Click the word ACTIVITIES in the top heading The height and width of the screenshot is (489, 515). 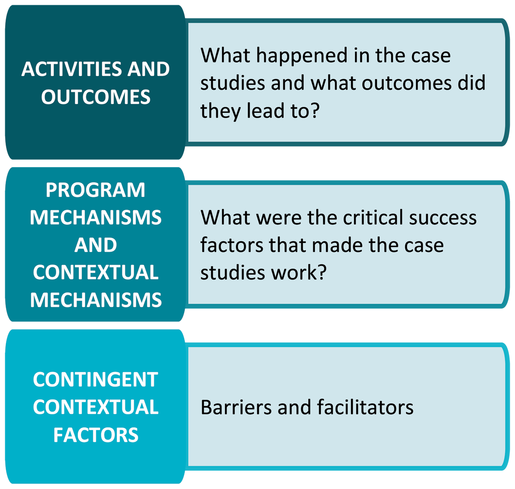pyautogui.click(x=72, y=69)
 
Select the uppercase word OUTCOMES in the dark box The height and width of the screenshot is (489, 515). pyautogui.click(x=96, y=97)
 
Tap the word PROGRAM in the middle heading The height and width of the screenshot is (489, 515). pyautogui.click(x=95, y=190)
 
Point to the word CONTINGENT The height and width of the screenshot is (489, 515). pyautogui.click(x=96, y=380)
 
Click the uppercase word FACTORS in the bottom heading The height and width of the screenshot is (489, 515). pyautogui.click(x=96, y=435)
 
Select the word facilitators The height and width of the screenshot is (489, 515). pyautogui.click(x=365, y=407)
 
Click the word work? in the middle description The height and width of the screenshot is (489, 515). pyautogui.click(x=299, y=273)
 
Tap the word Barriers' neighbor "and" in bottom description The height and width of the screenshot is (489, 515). pyautogui.click(x=294, y=407)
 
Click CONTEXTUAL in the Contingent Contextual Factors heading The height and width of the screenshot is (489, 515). pyautogui.click(x=96, y=407)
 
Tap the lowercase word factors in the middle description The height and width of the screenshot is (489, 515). pyautogui.click(x=232, y=245)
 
